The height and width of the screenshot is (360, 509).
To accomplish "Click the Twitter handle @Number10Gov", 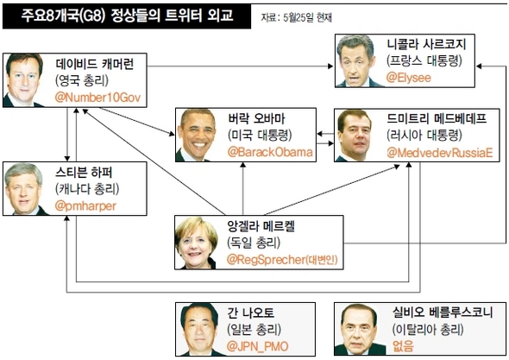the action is [x=97, y=98].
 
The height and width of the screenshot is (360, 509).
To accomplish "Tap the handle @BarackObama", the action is [x=270, y=152].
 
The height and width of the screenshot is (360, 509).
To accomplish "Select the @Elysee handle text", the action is [x=409, y=78].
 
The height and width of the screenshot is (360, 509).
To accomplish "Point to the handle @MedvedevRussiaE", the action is [x=440, y=153].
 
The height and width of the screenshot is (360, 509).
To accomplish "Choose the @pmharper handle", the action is [x=85, y=206].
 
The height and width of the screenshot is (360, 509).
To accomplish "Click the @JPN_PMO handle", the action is [x=257, y=346].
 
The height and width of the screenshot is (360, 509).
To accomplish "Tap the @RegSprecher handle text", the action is [x=267, y=260].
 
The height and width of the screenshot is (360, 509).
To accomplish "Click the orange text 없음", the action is [x=403, y=345].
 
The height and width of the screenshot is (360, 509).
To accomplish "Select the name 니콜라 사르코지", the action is [x=426, y=44].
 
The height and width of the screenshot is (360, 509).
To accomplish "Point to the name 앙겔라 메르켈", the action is [x=261, y=226].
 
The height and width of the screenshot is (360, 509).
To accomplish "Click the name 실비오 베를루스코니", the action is [x=443, y=313].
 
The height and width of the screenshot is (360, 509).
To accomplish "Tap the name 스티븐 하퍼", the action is [x=84, y=172].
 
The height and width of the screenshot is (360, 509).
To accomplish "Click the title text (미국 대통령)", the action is [x=260, y=136].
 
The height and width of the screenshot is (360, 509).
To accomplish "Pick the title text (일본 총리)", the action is [x=255, y=330].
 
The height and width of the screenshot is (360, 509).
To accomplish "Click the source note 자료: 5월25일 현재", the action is [x=297, y=17].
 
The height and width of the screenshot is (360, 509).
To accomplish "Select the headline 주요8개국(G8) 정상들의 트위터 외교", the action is [x=128, y=16].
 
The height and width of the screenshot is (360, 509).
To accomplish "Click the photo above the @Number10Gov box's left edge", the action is [x=24, y=80].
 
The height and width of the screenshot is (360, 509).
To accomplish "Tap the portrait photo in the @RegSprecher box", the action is [x=196, y=243].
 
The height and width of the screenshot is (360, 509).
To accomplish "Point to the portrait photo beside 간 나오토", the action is [x=199, y=330].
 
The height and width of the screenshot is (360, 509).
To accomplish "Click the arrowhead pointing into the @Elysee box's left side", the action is [x=330, y=66].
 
